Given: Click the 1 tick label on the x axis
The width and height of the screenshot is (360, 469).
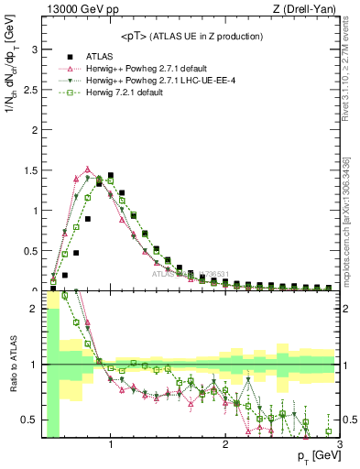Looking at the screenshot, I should tap(111, 444).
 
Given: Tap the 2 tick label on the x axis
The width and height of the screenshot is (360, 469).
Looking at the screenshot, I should tap(225, 444).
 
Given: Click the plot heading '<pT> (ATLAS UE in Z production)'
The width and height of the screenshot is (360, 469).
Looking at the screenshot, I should tap(191, 36).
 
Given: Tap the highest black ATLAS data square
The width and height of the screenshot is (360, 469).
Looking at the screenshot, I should tap(111, 175).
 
